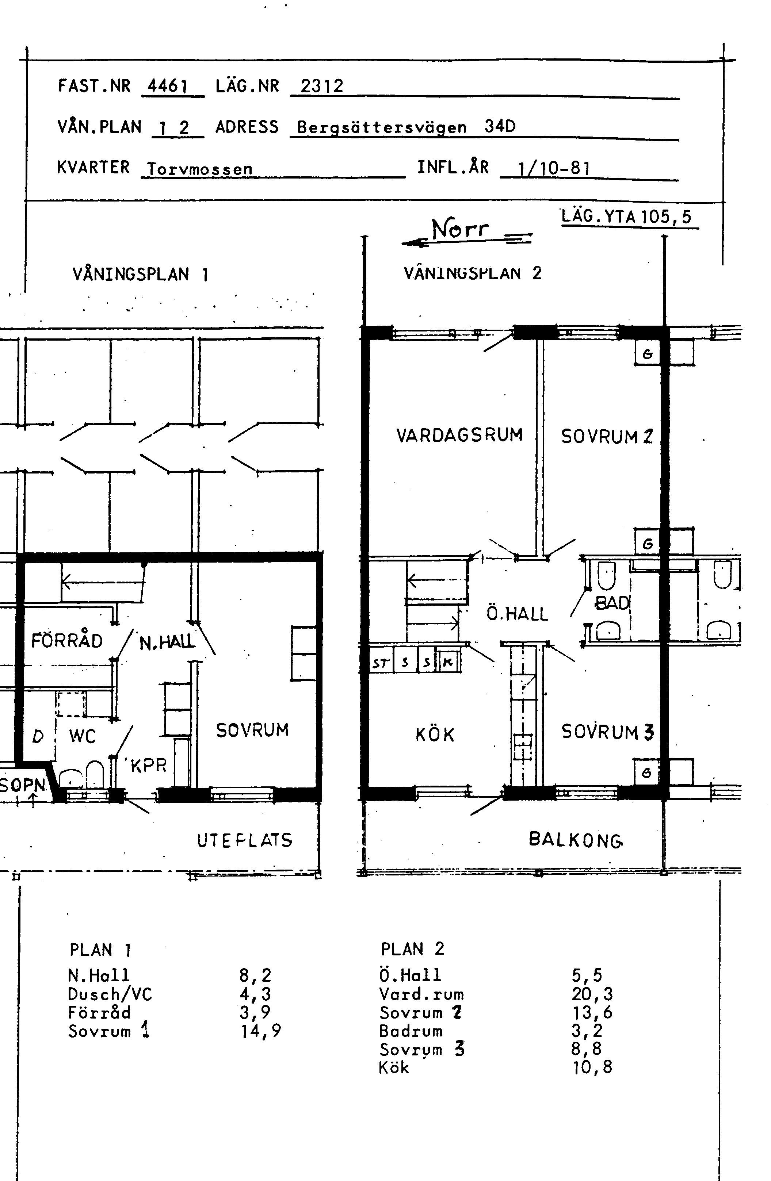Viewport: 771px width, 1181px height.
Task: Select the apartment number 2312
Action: (x=322, y=87)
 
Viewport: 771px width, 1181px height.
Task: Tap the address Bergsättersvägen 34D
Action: (x=406, y=127)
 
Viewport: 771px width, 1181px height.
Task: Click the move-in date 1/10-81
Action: (x=554, y=169)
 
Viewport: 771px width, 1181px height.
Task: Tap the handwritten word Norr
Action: (x=460, y=229)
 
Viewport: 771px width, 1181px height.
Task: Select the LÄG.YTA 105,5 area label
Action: (x=626, y=217)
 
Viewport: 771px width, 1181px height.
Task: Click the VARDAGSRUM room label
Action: (x=460, y=435)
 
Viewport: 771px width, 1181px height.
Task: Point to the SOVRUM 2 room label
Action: (x=607, y=436)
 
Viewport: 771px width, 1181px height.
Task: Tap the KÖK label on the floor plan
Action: (x=435, y=735)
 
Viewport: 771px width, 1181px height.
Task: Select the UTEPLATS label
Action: (x=245, y=840)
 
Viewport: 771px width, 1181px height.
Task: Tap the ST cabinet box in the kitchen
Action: (x=381, y=663)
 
